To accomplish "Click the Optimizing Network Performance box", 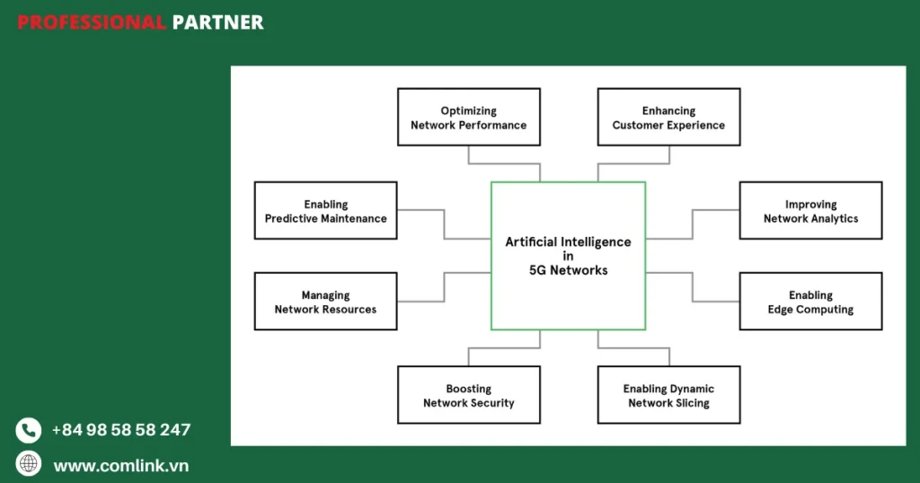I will tap(468, 117).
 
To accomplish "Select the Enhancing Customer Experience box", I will tap(668, 117).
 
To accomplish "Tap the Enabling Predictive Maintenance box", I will tap(325, 211).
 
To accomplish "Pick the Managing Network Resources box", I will tap(325, 302).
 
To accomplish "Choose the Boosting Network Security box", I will tap(468, 395).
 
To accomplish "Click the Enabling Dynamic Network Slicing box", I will tap(668, 395).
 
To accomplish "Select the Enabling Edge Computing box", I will tap(810, 302).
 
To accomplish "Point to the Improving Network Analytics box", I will tap(810, 211).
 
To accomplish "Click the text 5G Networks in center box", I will tap(568, 270).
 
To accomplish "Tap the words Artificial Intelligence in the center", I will tap(568, 241).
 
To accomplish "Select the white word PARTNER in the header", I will tap(217, 22).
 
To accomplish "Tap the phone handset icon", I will tap(29, 430).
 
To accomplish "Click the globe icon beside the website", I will tap(29, 464).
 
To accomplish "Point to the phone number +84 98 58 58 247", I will tap(120, 430).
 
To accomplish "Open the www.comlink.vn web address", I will tap(120, 466).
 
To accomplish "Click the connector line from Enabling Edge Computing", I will tap(693, 287).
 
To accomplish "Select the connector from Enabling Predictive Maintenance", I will tap(444, 224).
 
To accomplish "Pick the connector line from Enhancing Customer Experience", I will tap(633, 163).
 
